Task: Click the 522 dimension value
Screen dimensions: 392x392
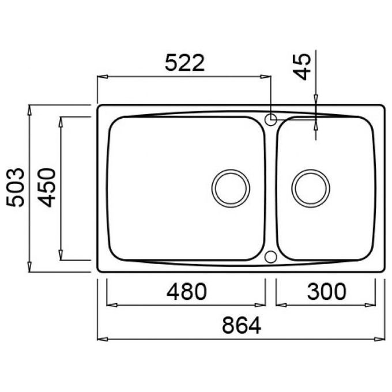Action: [184, 62]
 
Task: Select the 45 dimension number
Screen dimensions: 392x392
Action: [301, 66]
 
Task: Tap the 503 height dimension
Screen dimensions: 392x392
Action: [16, 187]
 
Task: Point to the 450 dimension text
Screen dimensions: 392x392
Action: [47, 187]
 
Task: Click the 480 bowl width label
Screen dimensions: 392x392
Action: [187, 292]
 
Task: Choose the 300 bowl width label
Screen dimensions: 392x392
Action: [326, 292]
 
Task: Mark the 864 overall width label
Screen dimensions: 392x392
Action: [242, 325]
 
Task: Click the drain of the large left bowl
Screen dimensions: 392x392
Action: [231, 189]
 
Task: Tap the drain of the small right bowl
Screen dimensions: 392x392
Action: [311, 189]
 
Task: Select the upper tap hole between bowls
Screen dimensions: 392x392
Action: [270, 119]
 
